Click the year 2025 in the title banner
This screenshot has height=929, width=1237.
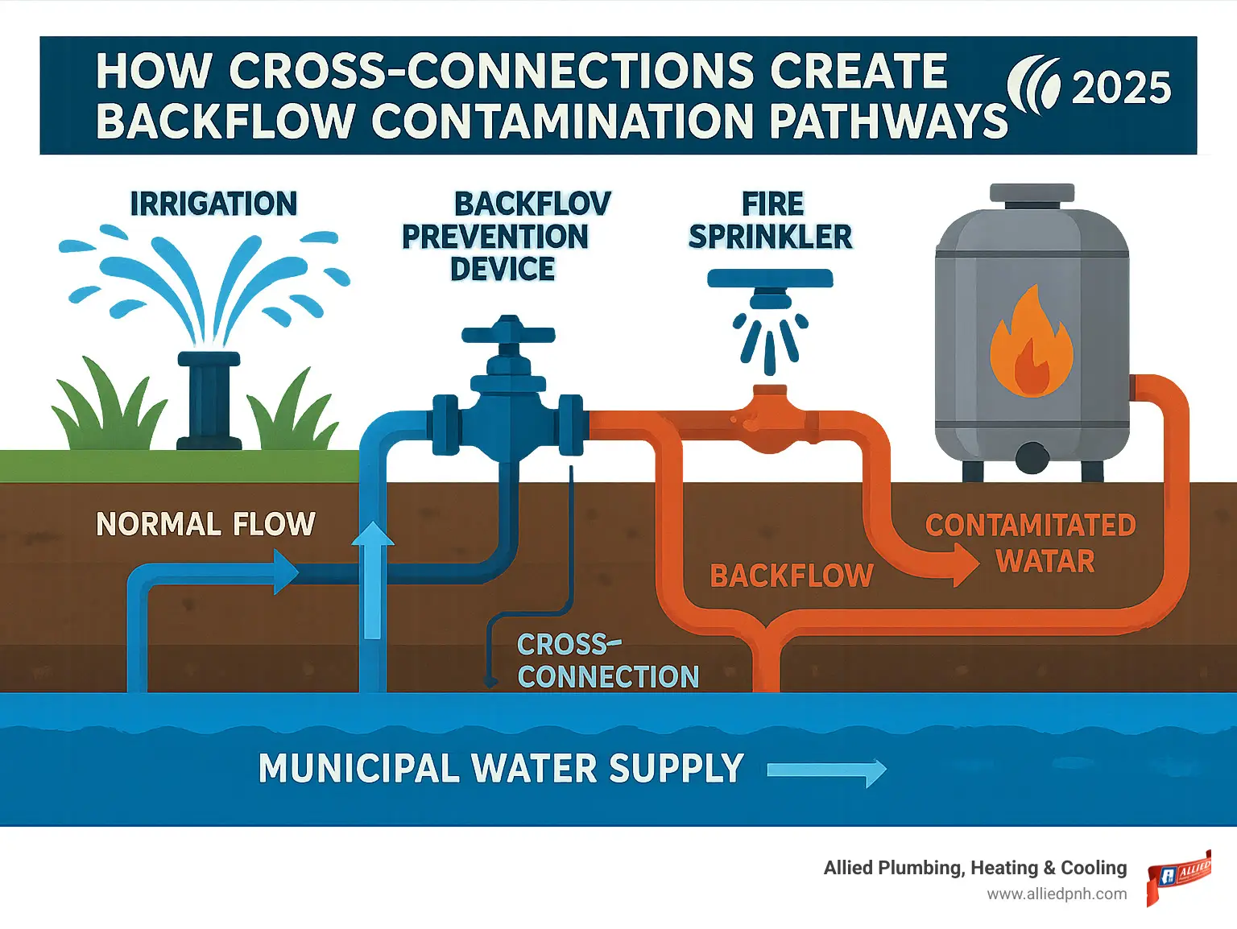[x=1121, y=88]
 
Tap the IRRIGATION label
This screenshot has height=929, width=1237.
[x=213, y=204]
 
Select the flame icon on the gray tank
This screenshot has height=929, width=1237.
[x=1031, y=344]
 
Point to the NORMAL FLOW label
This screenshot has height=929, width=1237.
[x=205, y=524]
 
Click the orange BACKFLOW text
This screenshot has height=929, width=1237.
[x=792, y=576]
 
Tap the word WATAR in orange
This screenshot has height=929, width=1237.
[x=1045, y=561]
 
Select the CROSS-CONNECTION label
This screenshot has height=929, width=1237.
[x=607, y=661]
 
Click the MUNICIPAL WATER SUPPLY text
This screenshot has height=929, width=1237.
[x=500, y=768]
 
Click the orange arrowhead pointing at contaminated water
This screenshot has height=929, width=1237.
[x=963, y=564]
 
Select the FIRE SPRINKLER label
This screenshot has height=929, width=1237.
[x=771, y=220]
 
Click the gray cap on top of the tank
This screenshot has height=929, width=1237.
[x=1032, y=193]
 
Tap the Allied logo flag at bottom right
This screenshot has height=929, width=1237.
[x=1177, y=877]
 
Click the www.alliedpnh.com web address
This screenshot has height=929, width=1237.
[x=1057, y=894]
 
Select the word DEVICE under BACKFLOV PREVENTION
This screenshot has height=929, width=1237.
[x=503, y=269]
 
